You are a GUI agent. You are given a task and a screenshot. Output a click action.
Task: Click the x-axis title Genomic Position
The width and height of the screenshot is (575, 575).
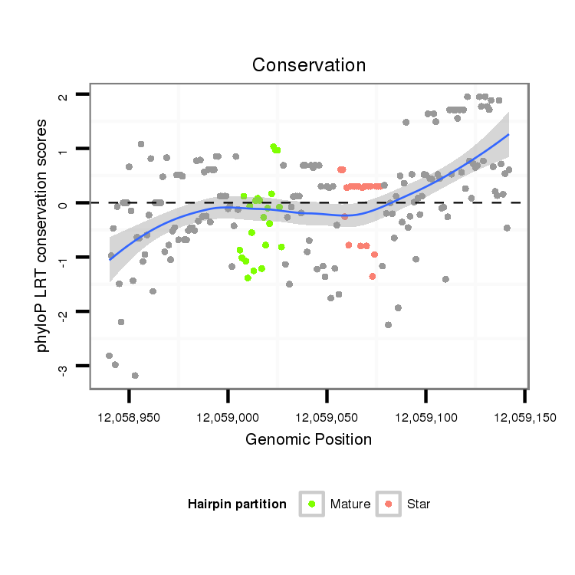pos(308,439)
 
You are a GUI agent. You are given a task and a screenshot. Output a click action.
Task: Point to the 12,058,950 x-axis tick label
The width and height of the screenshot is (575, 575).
pos(129,418)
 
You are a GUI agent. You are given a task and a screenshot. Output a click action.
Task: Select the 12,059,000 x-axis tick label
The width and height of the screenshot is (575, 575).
pos(228,418)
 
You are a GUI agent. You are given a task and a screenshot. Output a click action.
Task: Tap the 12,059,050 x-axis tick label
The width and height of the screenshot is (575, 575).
pos(327,418)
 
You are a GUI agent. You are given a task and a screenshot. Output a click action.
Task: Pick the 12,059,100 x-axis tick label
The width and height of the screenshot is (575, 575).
pos(426,418)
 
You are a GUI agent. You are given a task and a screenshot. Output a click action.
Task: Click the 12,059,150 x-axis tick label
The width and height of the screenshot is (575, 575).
pos(524,418)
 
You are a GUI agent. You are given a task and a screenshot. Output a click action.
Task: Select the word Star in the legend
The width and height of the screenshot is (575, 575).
pos(419,504)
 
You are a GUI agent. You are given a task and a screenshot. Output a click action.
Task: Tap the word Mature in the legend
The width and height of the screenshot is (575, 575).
pos(350,504)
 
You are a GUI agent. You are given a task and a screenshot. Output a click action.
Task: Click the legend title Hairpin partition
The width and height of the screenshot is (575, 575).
pos(237,504)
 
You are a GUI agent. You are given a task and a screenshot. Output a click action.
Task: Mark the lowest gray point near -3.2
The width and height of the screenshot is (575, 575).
pos(135,376)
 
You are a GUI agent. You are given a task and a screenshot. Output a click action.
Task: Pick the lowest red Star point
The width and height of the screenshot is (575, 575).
pos(373,276)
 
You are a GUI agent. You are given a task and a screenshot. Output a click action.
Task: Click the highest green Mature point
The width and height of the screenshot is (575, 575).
pos(273,146)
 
